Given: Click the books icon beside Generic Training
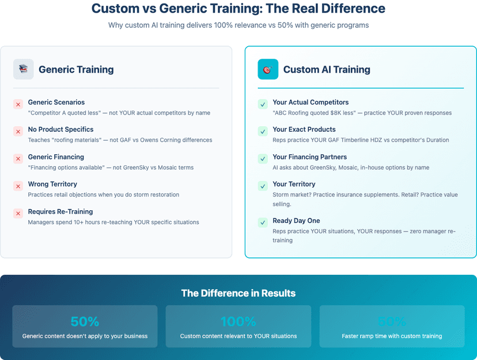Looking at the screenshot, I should point(24,69).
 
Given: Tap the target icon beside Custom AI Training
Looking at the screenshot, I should point(268,69).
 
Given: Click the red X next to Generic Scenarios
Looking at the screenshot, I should point(18,104).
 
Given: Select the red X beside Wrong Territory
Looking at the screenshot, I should point(18,186).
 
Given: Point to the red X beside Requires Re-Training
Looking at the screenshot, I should point(18,214).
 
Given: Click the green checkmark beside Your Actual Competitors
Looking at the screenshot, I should point(263,104).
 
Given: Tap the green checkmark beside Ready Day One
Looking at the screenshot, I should point(263,222).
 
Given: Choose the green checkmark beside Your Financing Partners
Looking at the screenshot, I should point(263,159).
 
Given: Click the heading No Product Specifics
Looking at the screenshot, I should point(60,130).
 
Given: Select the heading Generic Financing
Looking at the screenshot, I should point(56,157).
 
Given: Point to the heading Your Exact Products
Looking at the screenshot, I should point(304,130).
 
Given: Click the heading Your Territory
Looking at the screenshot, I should point(294,184).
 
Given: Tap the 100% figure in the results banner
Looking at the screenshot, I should point(238,321).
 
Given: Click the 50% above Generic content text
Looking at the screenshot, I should point(85,321).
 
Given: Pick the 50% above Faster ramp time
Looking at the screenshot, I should point(392,321).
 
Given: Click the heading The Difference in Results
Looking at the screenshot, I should point(238,293).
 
